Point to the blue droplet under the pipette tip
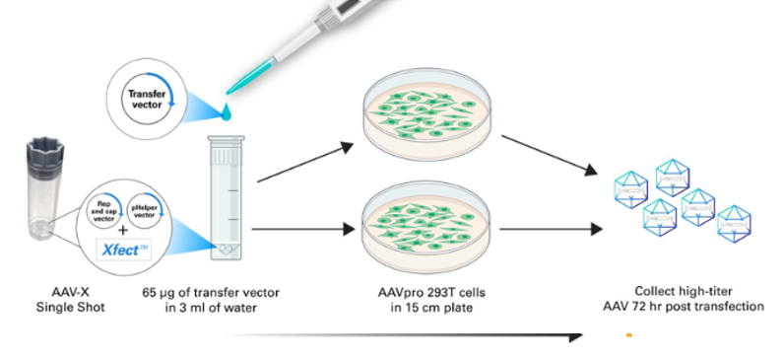pyautogui.click(x=227, y=111)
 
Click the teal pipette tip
pyautogui.click(x=251, y=76)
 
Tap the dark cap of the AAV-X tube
pyautogui.click(x=45, y=154)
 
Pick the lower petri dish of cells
pyautogui.click(x=426, y=227)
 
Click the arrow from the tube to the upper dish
pyautogui.click(x=305, y=162)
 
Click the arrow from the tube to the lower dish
pyautogui.click(x=303, y=229)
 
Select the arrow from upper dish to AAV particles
pyautogui.click(x=550, y=155)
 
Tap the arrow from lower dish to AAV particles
pyautogui.click(x=551, y=229)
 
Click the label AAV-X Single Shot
pyautogui.click(x=71, y=300)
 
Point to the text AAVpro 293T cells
pyautogui.click(x=431, y=292)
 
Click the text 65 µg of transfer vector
pyautogui.click(x=211, y=292)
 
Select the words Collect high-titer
pyautogui.click(x=684, y=291)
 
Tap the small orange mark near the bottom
pyautogui.click(x=629, y=335)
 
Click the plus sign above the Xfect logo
pyautogui.click(x=123, y=231)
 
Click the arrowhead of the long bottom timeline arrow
pyautogui.click(x=575, y=337)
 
